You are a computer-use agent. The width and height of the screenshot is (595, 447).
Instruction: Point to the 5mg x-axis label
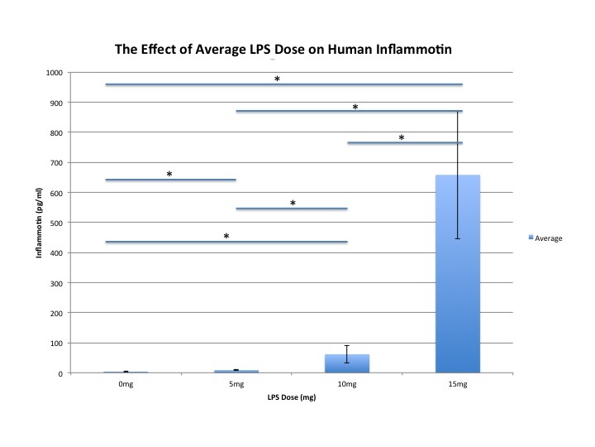pos(236,385)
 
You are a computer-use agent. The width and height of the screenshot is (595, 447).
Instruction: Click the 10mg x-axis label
pos(346,385)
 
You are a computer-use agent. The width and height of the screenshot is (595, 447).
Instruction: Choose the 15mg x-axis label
pos(457,385)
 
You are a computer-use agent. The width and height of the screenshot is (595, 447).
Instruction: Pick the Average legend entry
pos(546,238)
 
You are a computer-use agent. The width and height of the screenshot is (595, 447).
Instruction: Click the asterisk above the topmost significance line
pos(277,79)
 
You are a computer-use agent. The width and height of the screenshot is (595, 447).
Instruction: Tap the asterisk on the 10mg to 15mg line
pos(402,138)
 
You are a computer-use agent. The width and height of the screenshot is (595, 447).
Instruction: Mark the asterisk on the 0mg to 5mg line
pos(169,175)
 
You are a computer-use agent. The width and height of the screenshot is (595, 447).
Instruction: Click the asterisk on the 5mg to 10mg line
pos(292,204)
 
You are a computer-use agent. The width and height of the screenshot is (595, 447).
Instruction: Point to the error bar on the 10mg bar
pos(347,353)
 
